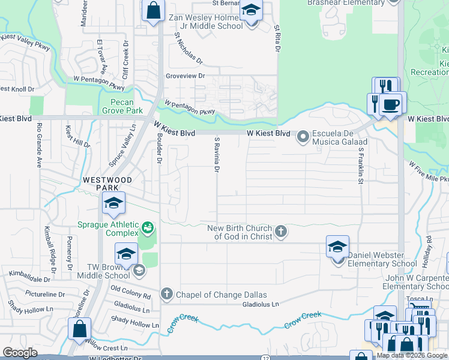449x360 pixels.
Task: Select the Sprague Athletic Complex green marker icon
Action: click(147, 228)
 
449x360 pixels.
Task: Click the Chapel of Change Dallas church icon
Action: click(167, 294)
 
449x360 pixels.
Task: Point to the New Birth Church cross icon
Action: click(280, 231)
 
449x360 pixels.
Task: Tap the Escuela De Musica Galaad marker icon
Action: click(303, 137)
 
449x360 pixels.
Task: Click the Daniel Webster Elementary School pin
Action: click(337, 248)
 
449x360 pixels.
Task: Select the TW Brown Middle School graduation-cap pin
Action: click(127, 254)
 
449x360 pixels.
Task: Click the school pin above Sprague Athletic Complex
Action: click(113, 204)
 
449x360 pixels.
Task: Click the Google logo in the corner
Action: click(20, 353)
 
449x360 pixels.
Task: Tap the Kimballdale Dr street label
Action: click(29, 277)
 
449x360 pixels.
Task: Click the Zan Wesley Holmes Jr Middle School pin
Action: click(252, 11)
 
